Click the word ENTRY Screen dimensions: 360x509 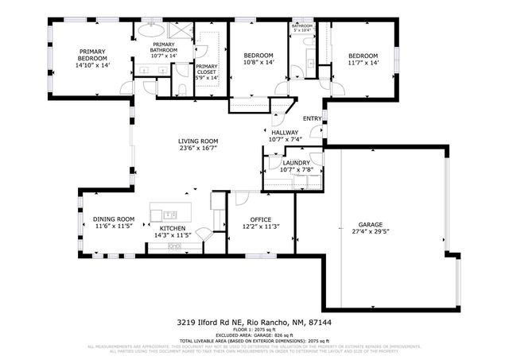click(x=312, y=119)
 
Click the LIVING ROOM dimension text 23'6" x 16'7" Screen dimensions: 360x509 click(x=198, y=148)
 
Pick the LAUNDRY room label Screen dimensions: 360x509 click(x=296, y=162)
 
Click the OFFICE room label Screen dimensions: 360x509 click(x=261, y=219)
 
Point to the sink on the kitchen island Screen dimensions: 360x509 click(x=169, y=215)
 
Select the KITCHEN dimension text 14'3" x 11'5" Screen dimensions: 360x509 click(x=172, y=235)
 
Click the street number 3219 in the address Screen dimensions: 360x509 click(x=185, y=323)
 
